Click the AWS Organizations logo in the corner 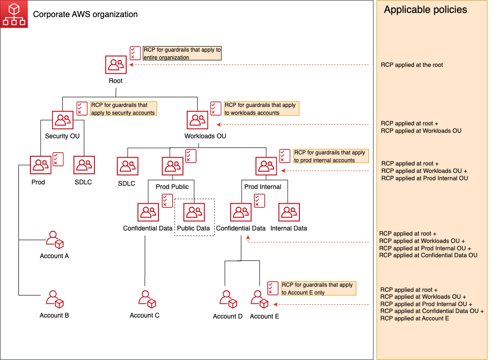point(14,14)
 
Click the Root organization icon point(116,65)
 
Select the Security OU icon point(63,120)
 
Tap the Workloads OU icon point(198,120)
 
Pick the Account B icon point(54,299)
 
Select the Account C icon point(147,299)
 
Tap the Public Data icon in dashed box point(194,212)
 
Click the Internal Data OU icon point(289,212)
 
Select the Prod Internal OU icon point(266,165)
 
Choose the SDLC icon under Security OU point(84,165)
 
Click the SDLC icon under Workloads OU point(127,166)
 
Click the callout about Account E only point(318,289)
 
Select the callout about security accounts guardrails point(123,109)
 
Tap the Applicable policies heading point(425,10)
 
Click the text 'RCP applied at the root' point(412,65)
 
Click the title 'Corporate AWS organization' point(85,14)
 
